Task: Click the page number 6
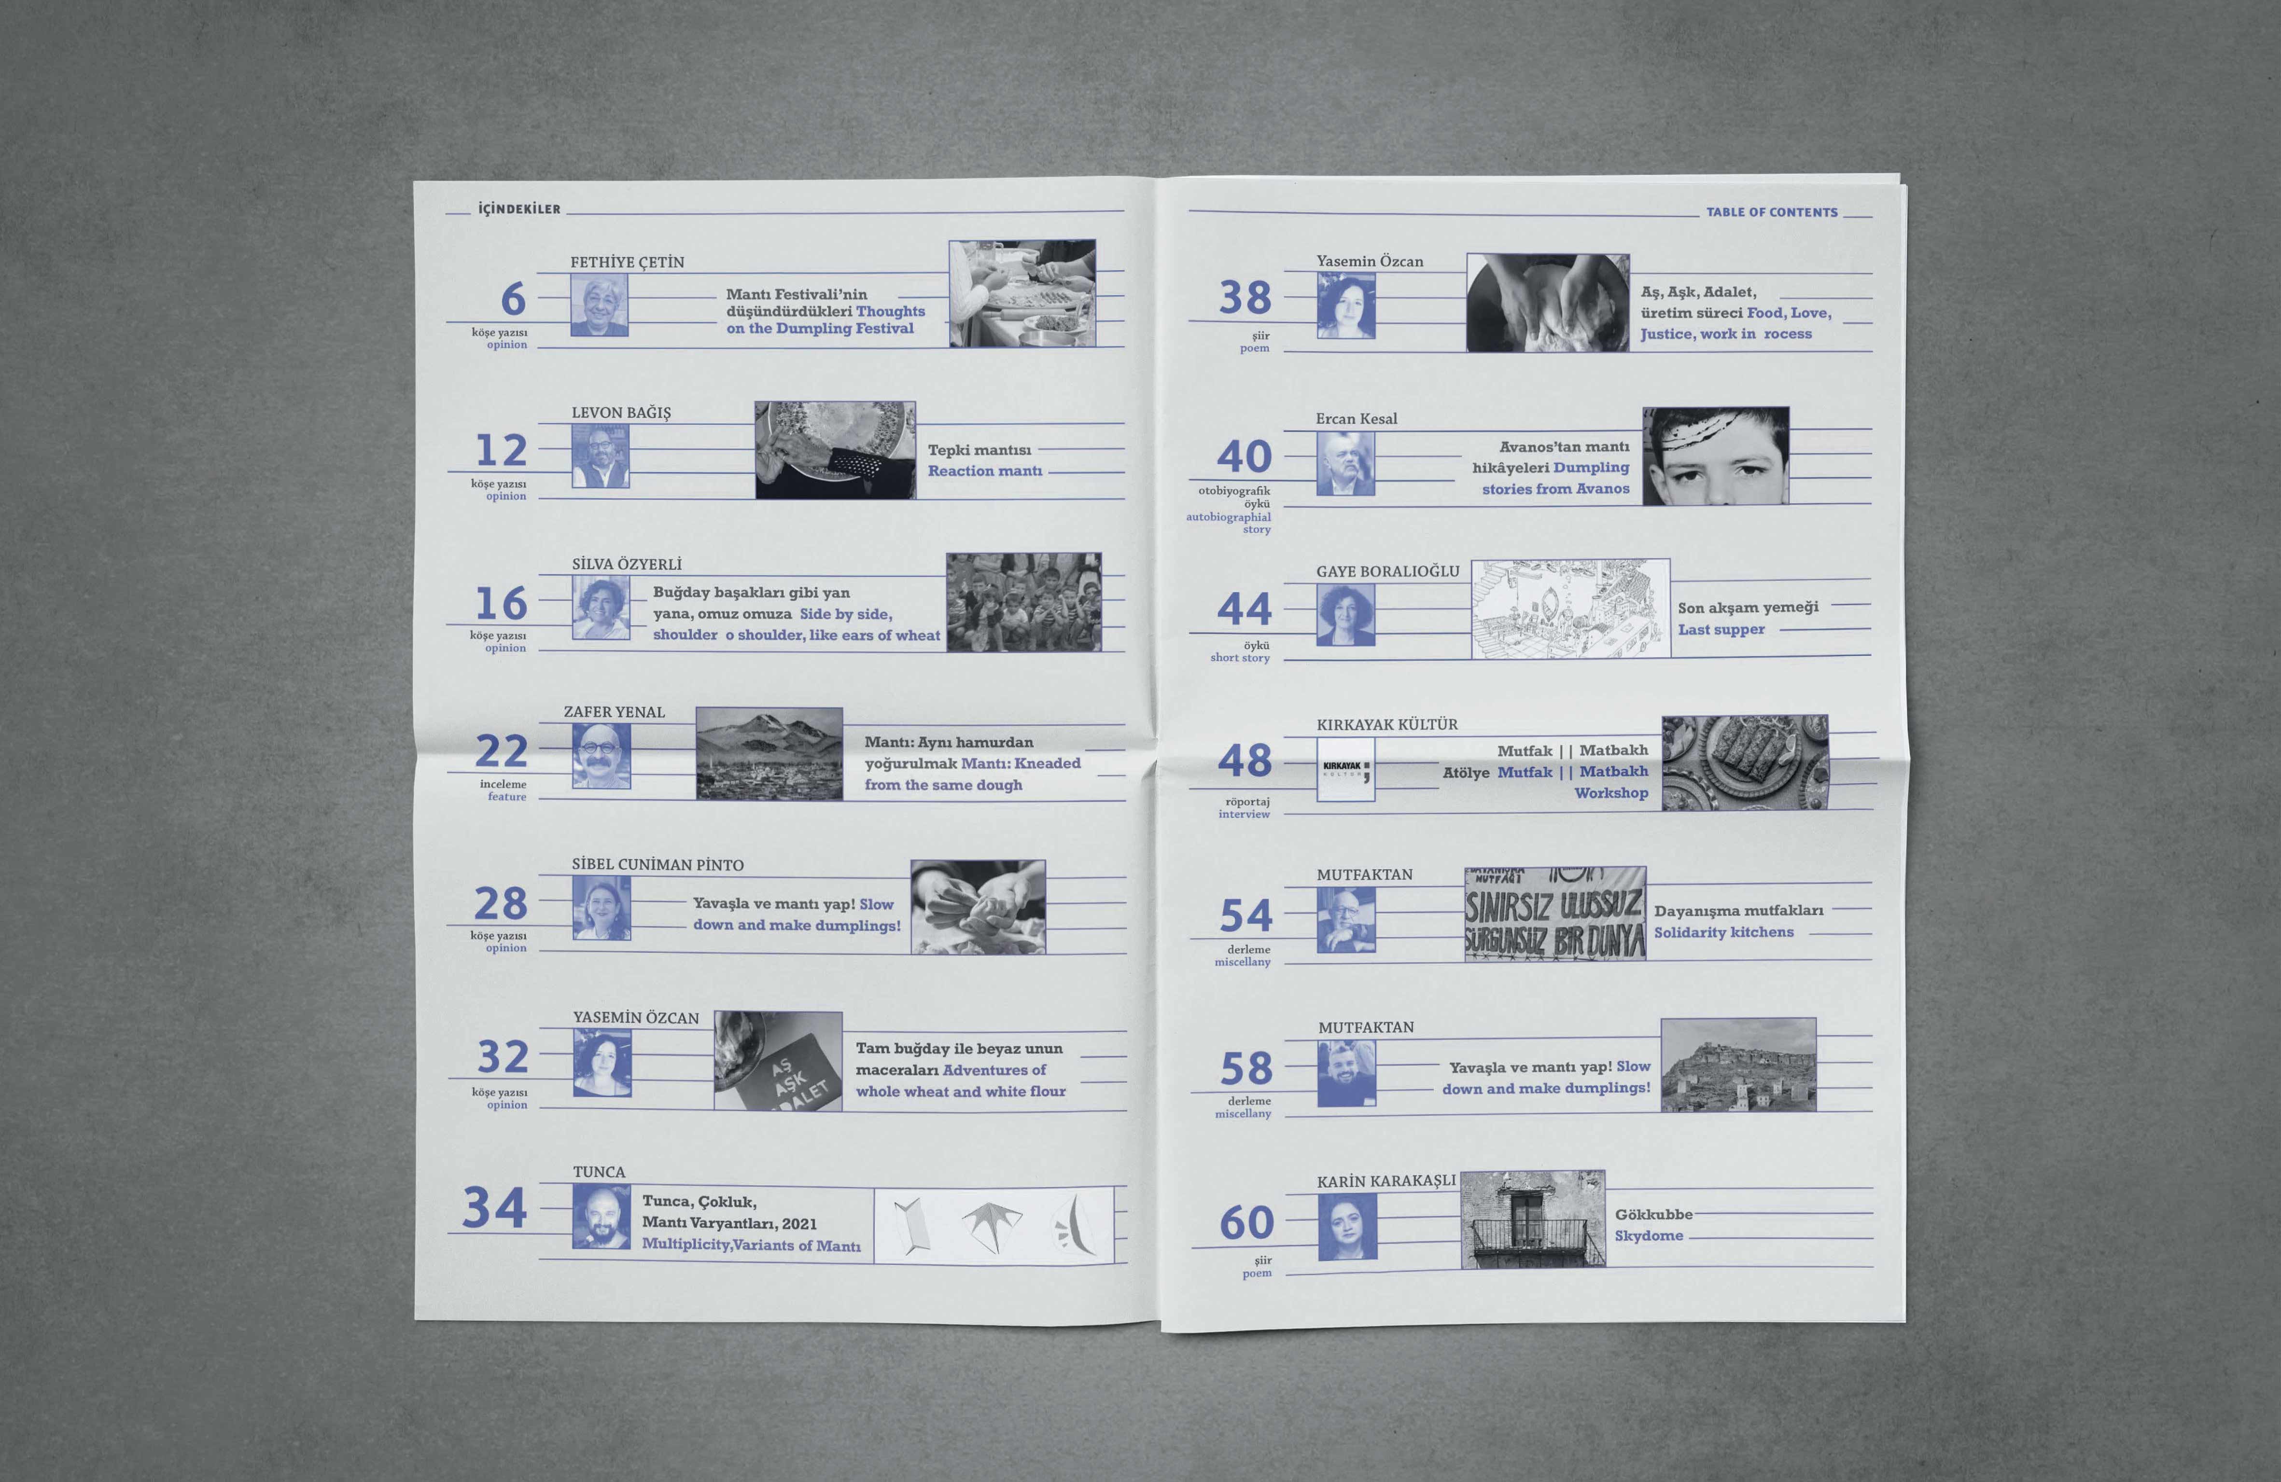click(514, 299)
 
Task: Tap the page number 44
click(1244, 609)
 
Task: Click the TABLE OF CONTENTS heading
click(1772, 212)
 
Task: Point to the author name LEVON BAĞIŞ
click(621, 413)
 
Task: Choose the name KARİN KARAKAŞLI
click(1386, 1181)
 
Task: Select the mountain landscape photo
click(769, 754)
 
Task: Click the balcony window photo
click(1532, 1219)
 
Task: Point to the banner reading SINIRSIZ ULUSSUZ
click(1554, 914)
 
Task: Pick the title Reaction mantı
click(984, 471)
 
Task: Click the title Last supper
click(1721, 629)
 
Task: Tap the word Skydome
click(1649, 1236)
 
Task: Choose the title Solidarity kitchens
click(1723, 932)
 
